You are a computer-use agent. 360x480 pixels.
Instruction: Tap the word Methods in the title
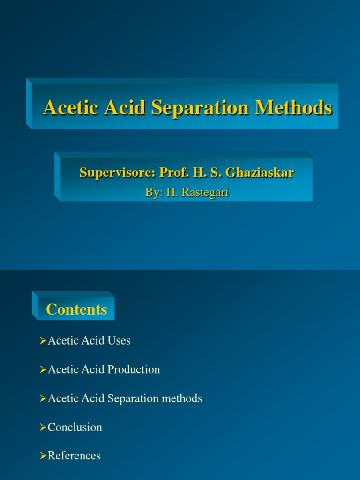(293, 108)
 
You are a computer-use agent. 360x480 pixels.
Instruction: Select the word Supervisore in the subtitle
(117, 172)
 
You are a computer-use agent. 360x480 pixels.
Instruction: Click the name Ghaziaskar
(260, 172)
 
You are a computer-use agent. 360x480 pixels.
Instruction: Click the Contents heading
(76, 309)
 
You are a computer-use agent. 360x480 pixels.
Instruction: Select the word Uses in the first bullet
(120, 341)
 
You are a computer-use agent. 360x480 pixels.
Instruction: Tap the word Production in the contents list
(134, 369)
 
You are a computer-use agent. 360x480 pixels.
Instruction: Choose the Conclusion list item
(75, 427)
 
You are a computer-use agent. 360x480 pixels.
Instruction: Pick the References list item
(74, 456)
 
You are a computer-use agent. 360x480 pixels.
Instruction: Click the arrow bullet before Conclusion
(43, 427)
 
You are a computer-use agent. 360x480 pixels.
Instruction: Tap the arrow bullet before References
(43, 456)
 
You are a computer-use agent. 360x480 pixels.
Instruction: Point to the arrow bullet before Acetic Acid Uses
(43, 341)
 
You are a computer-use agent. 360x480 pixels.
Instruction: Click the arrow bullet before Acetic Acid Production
(43, 369)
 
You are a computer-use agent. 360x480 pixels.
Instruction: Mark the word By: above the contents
(154, 192)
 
